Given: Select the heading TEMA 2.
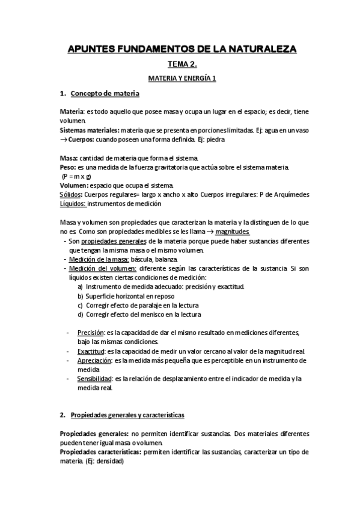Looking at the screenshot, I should pos(182,64).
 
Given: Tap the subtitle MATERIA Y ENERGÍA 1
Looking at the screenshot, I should pos(182,79).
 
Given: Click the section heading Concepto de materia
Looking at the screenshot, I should pos(105,94).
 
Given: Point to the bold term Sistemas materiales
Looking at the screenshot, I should pos(88,130).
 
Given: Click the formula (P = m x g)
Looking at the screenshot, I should pos(76,176).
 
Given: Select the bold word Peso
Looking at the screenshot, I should pos(67,167).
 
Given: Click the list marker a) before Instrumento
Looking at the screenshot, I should pos(81,287).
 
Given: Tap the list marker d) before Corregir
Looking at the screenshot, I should pos(81,315).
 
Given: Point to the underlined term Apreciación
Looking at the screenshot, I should pos(94,360).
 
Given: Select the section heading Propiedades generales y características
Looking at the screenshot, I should pos(127,416).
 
